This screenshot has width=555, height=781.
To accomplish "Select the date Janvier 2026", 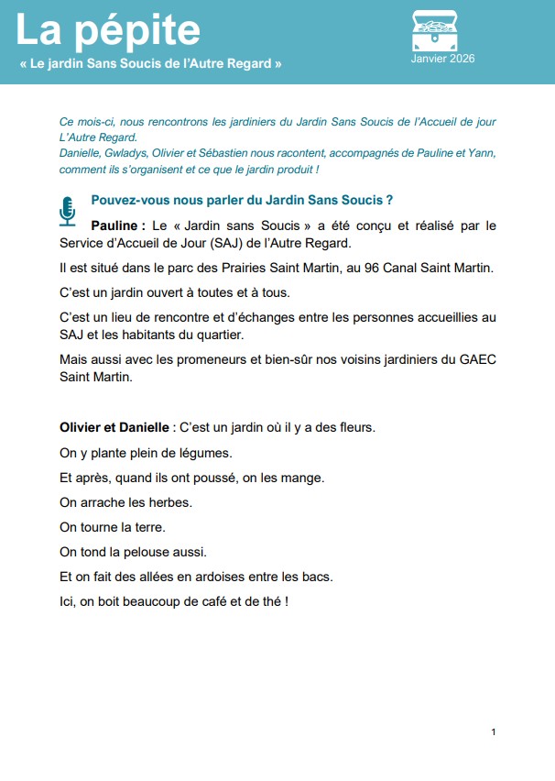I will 443,59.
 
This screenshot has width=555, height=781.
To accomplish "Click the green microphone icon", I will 68,210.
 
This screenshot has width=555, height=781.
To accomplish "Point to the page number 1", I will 494,731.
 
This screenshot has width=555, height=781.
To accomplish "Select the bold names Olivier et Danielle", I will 114,427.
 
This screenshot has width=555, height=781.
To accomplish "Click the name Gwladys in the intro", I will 137,154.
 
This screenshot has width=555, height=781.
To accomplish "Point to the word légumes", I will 202,453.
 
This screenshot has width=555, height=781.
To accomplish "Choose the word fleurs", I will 354,427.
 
